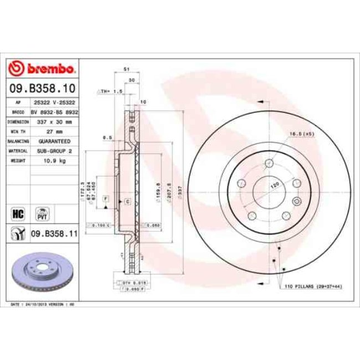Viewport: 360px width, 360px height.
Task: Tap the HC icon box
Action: pyautogui.click(x=17, y=212)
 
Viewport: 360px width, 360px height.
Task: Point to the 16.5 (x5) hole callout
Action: pyautogui.click(x=301, y=133)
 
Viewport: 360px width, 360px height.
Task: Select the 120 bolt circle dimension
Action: pyautogui.click(x=274, y=186)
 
